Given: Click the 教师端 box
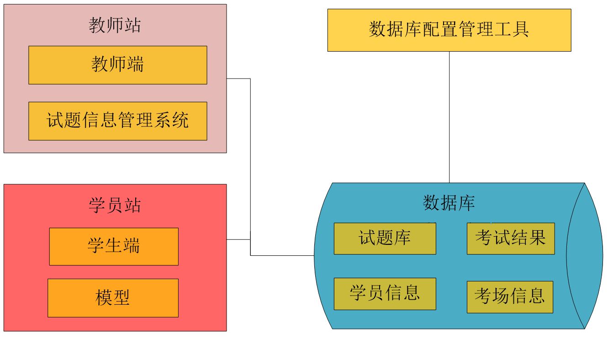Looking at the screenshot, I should click(x=117, y=65).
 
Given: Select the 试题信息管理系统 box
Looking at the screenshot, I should click(x=117, y=121).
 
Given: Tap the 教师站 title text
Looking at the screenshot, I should click(x=115, y=25).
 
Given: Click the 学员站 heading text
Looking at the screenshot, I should click(x=115, y=206).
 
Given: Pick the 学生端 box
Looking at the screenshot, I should click(x=114, y=246).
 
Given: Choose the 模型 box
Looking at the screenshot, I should click(x=113, y=298).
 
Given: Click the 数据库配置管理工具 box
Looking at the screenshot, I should click(x=449, y=30).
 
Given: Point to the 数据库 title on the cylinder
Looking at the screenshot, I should click(x=449, y=203).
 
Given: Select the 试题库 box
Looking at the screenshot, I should click(x=385, y=238).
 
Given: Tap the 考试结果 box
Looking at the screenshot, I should click(x=511, y=238).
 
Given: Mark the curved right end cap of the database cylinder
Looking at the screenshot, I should click(x=586, y=256).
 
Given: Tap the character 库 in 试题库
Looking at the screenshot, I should click(x=402, y=238).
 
